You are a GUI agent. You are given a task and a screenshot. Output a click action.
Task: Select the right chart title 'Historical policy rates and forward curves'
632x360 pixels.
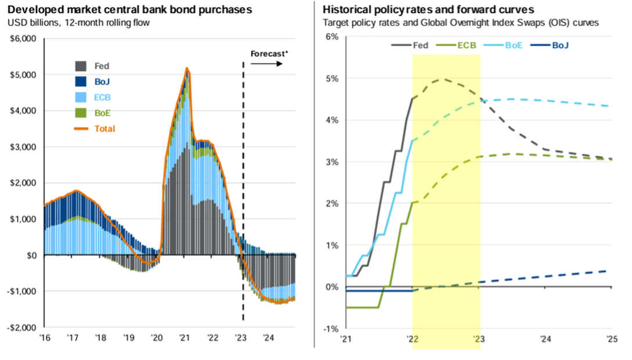(x=429, y=10)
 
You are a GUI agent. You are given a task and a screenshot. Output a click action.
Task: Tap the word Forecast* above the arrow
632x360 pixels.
(x=269, y=54)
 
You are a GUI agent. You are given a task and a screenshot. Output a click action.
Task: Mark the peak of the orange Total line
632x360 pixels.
(x=187, y=69)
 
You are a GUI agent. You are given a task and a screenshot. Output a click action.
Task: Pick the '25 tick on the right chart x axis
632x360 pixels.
(x=611, y=339)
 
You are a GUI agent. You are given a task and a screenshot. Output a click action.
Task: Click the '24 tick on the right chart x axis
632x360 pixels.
(x=544, y=339)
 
